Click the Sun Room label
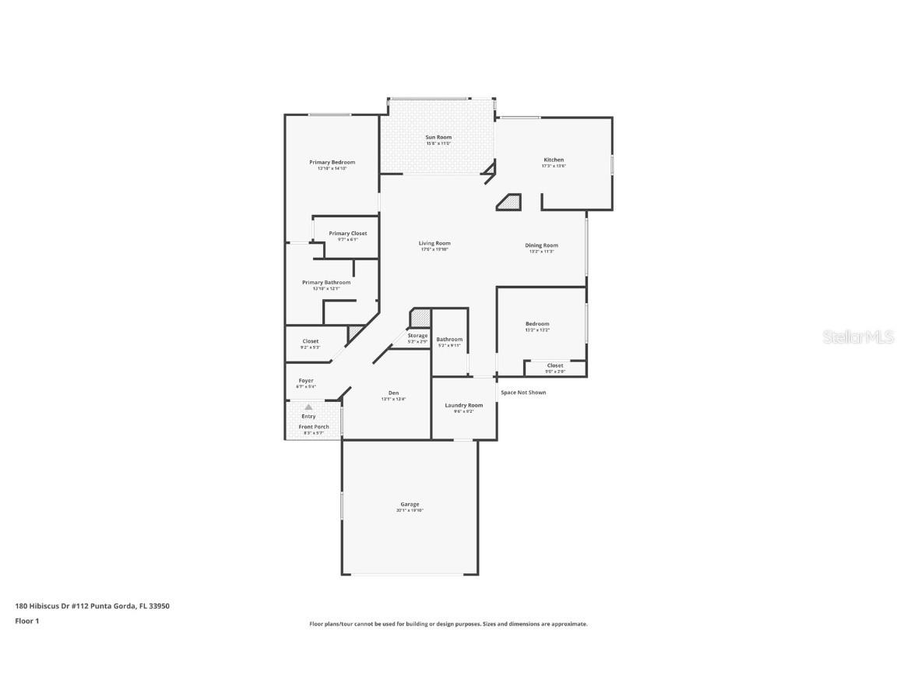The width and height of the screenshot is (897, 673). [x=438, y=137]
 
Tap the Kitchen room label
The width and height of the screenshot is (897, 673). [x=554, y=160]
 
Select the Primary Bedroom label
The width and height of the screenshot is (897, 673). [x=332, y=162]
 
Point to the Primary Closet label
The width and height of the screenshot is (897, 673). [x=347, y=234]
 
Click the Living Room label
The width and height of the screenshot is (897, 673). [x=434, y=243]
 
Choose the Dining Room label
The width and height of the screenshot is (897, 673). [x=541, y=245]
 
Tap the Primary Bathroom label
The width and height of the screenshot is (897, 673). [x=326, y=282]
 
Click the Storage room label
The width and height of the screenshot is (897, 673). [x=417, y=336]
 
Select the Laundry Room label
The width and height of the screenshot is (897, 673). [x=464, y=405]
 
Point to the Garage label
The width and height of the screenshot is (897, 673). [x=410, y=504]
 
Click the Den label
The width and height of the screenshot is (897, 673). [x=394, y=393]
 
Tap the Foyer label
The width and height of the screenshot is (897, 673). [x=306, y=381]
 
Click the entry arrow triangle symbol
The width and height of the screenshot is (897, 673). [x=308, y=407]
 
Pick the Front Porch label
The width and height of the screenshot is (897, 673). [x=314, y=427]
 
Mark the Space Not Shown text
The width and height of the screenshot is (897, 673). [x=523, y=393]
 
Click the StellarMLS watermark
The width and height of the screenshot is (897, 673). [x=860, y=336]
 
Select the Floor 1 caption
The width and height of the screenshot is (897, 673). [x=26, y=621]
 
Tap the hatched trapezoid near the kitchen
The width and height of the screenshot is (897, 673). [x=510, y=203]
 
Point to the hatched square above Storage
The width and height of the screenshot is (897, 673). [x=420, y=319]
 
